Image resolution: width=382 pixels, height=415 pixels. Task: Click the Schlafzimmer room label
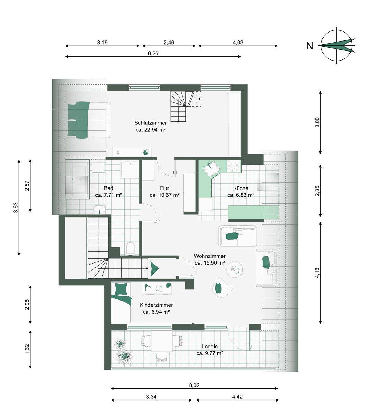(151, 123)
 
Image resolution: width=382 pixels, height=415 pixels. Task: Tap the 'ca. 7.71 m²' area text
(109, 195)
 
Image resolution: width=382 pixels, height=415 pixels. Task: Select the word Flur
(164, 188)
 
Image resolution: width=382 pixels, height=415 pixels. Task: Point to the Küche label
(240, 188)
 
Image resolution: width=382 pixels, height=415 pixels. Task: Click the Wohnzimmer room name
(210, 256)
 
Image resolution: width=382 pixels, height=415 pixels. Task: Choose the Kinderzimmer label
(156, 305)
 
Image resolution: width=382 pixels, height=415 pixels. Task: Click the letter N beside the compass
(310, 46)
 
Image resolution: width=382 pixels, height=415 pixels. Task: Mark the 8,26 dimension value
(153, 53)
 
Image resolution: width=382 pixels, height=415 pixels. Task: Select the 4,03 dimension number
(238, 43)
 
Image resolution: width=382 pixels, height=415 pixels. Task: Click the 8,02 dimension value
(194, 385)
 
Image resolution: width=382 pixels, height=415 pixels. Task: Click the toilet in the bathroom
(130, 248)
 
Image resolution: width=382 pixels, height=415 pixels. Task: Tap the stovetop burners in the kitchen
(234, 166)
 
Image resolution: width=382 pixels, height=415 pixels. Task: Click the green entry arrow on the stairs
(154, 268)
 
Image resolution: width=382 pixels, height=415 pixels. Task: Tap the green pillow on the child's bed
(120, 289)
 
